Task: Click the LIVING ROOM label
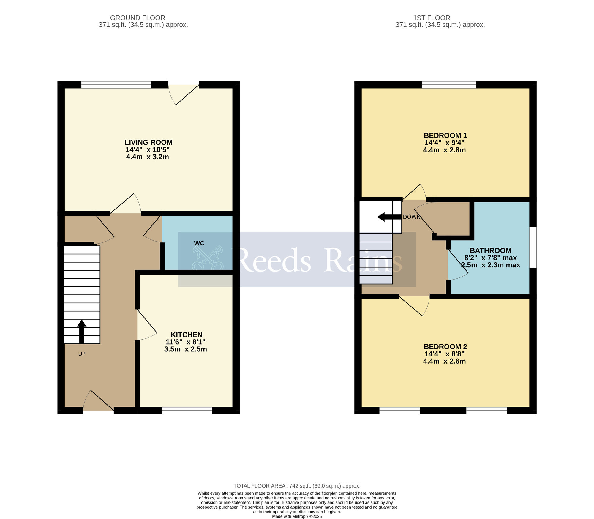pos(148,142)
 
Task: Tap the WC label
pos(199,243)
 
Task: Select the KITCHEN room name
pos(186,335)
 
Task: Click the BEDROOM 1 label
pos(445,135)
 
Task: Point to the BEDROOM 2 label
pos(445,347)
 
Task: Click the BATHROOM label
pos(490,250)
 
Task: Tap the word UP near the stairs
pos(82,354)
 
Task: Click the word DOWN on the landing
pos(412,217)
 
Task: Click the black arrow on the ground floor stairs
pos(82,331)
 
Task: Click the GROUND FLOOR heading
pos(138,18)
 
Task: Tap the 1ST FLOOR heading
pos(432,18)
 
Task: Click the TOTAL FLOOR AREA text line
pos(297,486)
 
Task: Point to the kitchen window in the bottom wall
pos(187,411)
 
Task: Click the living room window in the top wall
pos(116,85)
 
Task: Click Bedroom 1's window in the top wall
pos(449,85)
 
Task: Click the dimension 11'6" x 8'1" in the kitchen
pos(185,342)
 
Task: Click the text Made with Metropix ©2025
pos(297,516)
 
